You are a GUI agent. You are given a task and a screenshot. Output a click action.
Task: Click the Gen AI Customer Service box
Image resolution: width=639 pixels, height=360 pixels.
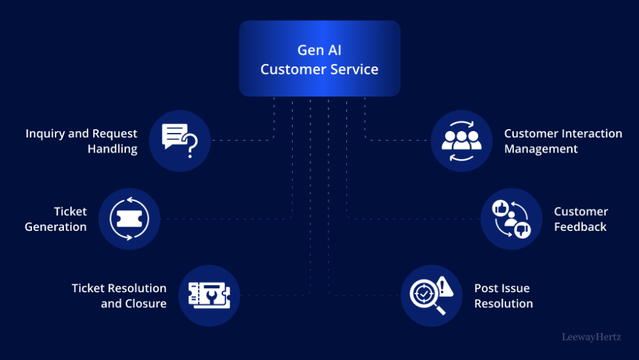tap(319, 59)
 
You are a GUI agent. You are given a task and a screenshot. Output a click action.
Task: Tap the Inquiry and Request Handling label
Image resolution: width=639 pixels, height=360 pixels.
tap(82, 141)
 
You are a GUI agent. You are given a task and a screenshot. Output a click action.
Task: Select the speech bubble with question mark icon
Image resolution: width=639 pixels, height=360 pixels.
tap(179, 141)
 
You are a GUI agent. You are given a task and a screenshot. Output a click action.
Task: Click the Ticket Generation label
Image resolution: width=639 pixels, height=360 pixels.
tap(56, 219)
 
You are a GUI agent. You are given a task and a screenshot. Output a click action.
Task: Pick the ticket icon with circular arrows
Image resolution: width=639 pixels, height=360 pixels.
tap(129, 219)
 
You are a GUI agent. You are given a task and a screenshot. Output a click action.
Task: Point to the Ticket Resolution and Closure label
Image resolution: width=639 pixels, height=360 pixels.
tap(119, 295)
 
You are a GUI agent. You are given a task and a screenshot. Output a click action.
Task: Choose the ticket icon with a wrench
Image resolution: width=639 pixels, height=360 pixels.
tap(209, 295)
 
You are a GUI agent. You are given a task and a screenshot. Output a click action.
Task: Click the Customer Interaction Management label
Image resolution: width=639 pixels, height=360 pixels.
tap(563, 141)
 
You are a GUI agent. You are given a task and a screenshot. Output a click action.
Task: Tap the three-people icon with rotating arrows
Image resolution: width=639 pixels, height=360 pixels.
tap(462, 141)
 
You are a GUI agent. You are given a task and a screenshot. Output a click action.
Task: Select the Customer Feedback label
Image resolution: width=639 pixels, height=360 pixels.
tap(580, 219)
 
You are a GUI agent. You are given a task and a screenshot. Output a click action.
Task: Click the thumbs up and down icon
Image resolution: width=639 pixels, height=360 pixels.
tap(512, 219)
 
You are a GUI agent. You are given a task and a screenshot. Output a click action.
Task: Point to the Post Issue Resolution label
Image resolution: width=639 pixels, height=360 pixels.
tap(503, 295)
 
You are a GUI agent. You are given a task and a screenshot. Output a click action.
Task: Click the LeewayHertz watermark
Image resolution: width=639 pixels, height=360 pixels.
tap(591, 337)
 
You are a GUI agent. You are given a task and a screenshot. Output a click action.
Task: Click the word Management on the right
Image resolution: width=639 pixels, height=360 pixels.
tap(541, 149)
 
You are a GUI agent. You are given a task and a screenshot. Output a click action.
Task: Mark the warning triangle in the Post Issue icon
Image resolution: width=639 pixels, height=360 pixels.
tap(445, 286)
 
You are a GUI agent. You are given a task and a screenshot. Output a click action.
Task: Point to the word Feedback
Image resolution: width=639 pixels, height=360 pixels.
tap(580, 227)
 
